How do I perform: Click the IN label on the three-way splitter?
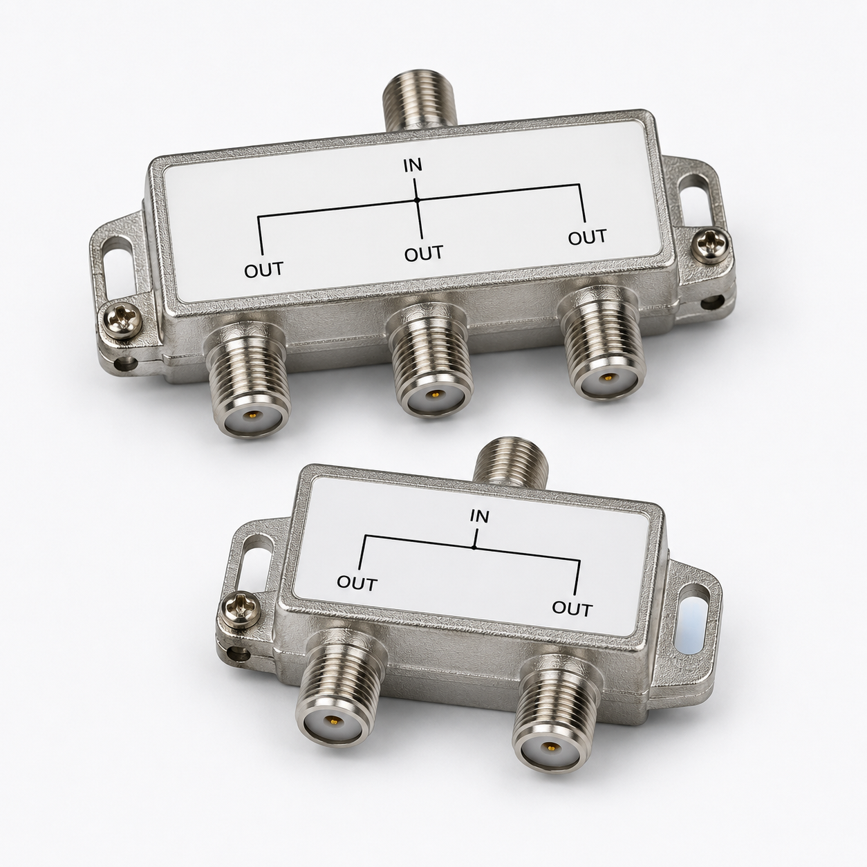(x=413, y=165)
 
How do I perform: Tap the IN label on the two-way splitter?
(x=478, y=516)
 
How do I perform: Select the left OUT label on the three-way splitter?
(x=263, y=270)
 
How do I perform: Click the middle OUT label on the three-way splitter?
(x=423, y=254)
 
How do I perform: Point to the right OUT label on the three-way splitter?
(x=587, y=237)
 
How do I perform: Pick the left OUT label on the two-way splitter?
(x=357, y=584)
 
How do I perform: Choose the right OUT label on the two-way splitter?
(x=572, y=608)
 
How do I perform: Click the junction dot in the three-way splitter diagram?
(x=417, y=199)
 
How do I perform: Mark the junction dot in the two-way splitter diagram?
(x=474, y=547)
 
